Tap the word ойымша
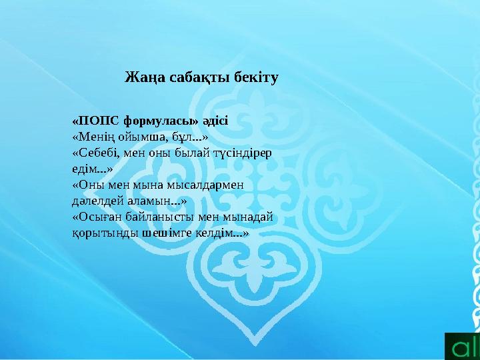(x=141, y=137)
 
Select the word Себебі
(x=97, y=153)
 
